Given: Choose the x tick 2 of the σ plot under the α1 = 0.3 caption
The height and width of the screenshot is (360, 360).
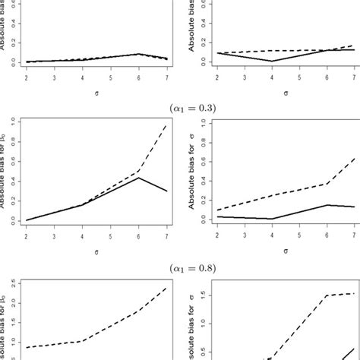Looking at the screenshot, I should (x=217, y=235).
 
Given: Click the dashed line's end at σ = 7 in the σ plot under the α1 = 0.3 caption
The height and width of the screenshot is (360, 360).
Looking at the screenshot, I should (x=354, y=158).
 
